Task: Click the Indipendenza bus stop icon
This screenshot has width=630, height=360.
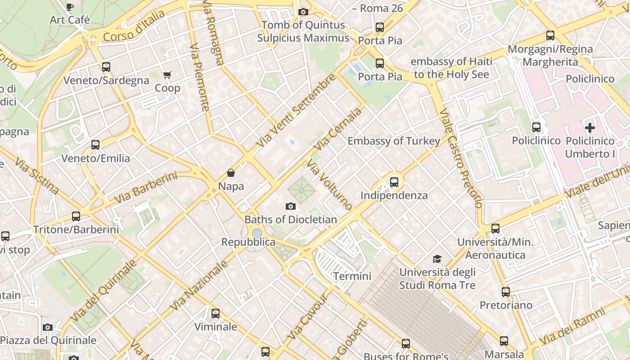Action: [394, 182]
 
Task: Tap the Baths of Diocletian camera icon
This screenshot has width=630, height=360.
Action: [291, 207]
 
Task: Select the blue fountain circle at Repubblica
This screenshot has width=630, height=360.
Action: [257, 233]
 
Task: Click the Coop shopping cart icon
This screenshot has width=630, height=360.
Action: [167, 75]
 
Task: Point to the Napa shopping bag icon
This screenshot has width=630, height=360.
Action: [231, 173]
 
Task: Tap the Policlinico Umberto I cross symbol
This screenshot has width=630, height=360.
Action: [589, 128]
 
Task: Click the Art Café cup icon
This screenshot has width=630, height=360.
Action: [70, 7]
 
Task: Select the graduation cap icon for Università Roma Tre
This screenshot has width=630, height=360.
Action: [437, 259]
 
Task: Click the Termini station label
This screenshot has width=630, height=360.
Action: [352, 276]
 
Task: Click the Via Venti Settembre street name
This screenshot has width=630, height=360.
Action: [296, 111]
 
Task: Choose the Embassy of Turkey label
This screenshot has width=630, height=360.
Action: [394, 141]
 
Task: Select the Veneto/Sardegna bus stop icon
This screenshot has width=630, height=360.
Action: [106, 67]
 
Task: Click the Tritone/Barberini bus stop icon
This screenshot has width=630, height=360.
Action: [76, 216]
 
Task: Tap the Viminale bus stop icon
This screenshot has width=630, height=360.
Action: [216, 314]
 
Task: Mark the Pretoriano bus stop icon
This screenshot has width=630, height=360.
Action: [506, 292]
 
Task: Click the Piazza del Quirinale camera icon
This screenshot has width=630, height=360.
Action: [48, 327]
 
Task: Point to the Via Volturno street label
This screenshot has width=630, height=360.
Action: [329, 184]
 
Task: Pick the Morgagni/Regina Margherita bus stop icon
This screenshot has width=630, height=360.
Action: [550, 36]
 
